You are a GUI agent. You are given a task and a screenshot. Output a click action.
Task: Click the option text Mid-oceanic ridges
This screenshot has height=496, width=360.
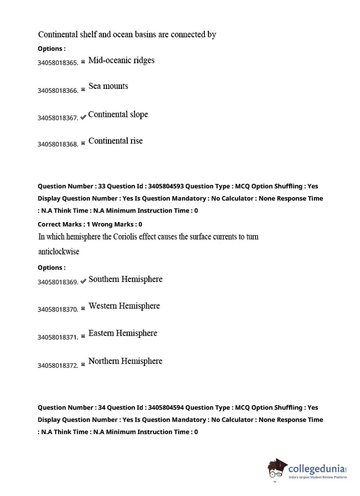[x=121, y=60]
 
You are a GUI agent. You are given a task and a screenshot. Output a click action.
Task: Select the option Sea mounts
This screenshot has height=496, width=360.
[x=108, y=86]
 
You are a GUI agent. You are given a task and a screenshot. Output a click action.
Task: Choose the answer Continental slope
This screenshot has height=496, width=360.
[x=118, y=114]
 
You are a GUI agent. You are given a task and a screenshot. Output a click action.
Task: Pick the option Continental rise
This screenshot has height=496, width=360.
[x=116, y=141]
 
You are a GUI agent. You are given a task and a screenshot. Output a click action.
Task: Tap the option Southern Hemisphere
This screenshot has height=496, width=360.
[x=125, y=279]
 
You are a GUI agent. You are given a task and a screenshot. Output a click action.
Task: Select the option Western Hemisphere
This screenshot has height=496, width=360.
[x=124, y=306]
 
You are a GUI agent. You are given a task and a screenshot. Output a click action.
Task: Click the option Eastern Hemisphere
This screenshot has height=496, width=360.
[x=123, y=333]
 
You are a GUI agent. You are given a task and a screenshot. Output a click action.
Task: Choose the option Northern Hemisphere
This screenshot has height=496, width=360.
[x=125, y=361]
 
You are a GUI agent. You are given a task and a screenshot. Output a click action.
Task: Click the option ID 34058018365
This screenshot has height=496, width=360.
[x=58, y=63]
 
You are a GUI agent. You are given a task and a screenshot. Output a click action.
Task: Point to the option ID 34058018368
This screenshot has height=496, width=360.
[x=58, y=144]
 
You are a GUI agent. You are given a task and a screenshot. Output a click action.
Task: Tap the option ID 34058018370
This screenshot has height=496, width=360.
[x=58, y=310]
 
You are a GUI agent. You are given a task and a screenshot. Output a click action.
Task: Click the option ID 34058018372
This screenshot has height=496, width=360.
[x=58, y=366]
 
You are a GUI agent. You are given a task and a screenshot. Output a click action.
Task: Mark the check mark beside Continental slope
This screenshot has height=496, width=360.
[x=83, y=117]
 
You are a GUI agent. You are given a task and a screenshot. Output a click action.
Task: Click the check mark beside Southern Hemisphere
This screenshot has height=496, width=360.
[x=83, y=281]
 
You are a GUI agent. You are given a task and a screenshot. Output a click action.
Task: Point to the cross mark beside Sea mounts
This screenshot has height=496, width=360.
[x=83, y=89]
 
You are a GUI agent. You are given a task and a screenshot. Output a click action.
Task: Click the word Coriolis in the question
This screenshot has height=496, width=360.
[x=127, y=237]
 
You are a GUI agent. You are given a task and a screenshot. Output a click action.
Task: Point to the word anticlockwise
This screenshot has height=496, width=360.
[x=59, y=252]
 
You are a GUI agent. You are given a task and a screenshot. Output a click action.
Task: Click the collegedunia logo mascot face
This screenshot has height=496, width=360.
[x=275, y=469]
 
